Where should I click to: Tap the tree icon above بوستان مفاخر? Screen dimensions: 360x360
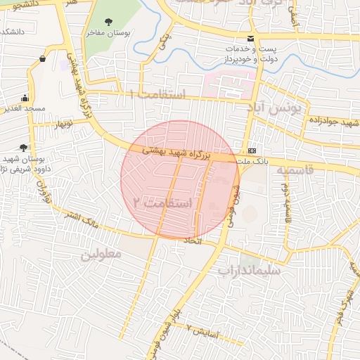coord(107,20)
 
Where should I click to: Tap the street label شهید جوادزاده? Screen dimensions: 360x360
coord(333,122)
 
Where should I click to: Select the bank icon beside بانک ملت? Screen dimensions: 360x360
coord(252,151)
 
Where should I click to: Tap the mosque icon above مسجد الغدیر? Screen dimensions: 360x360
coord(25,98)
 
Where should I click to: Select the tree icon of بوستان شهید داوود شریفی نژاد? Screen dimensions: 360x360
coord(23,147)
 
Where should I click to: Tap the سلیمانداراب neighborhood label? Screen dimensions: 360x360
coord(250,270)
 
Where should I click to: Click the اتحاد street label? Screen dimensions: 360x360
coord(192,241)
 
